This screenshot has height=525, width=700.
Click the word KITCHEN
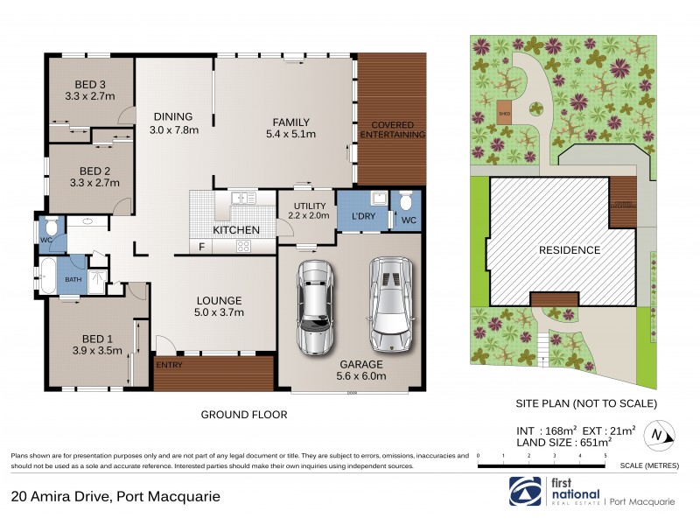(235, 230)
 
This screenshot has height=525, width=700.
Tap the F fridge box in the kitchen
(202, 247)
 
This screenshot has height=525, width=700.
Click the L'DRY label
(362, 217)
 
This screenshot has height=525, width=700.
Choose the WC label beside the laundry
(407, 220)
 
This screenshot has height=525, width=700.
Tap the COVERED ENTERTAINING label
(393, 129)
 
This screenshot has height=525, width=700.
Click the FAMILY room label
(290, 122)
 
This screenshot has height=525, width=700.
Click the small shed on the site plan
(504, 112)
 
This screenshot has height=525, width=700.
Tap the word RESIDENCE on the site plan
(569, 250)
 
